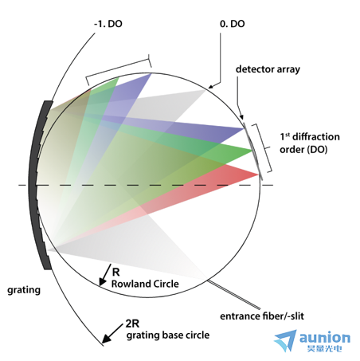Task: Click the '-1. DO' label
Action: point(108,24)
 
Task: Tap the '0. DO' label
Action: point(233,24)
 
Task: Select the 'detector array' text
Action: point(268,69)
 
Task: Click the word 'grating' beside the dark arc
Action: point(24,290)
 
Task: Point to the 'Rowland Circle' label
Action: point(145,284)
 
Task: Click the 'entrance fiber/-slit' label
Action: point(262,316)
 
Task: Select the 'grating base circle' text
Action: point(168,335)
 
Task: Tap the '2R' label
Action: point(132,324)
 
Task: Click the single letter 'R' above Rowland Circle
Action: point(115,272)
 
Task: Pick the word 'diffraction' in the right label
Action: point(316,137)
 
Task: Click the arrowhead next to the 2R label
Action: point(107,339)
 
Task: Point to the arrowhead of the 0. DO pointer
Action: point(211,86)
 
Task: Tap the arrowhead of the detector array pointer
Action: point(241,117)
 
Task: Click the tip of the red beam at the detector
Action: point(258,175)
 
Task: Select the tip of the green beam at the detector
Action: point(252,151)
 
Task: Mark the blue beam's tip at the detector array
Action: point(244,129)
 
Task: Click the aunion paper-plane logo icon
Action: point(285,340)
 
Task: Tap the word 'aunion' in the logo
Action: point(325,338)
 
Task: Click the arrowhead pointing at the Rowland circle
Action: point(102,281)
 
